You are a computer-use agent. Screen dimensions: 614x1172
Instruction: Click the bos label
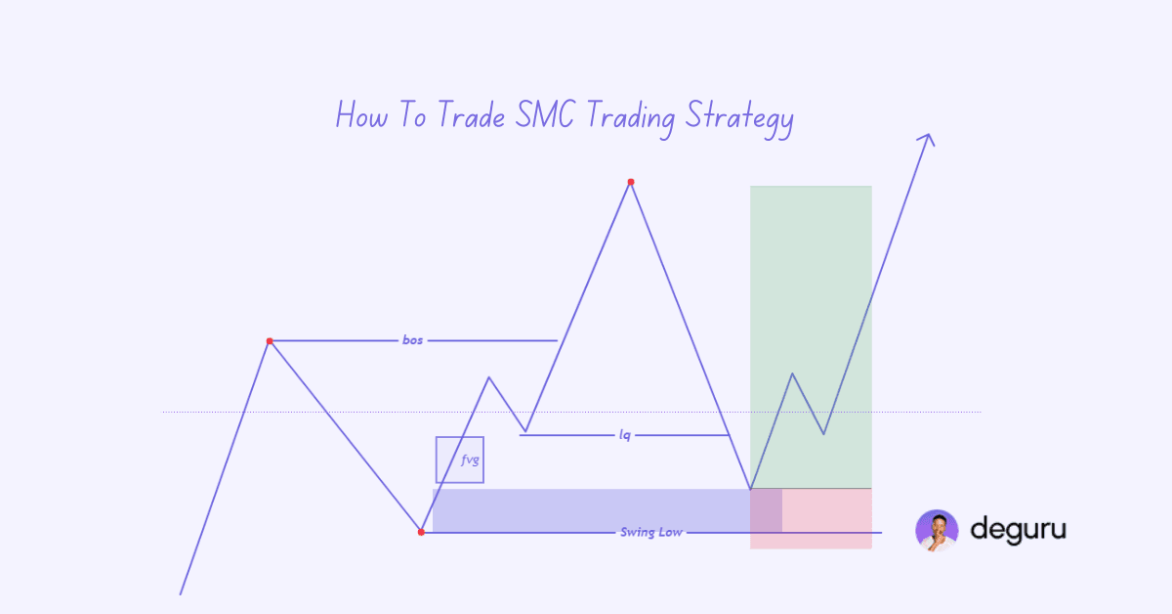click(x=413, y=340)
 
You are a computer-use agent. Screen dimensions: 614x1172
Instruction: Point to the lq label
click(x=625, y=434)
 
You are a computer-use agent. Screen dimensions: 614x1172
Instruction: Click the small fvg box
click(x=460, y=460)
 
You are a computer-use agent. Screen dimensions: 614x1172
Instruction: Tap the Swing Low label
click(x=650, y=532)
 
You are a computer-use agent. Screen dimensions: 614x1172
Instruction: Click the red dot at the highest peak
click(x=631, y=182)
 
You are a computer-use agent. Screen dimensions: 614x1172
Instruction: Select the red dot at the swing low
click(x=421, y=532)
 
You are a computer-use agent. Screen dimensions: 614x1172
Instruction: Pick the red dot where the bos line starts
click(x=270, y=341)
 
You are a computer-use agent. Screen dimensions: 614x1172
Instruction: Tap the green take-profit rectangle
click(x=811, y=293)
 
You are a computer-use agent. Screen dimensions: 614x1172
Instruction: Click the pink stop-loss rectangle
click(x=826, y=518)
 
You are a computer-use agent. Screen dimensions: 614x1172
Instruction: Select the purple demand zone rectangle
click(x=586, y=509)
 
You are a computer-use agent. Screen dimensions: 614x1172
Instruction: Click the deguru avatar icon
click(x=937, y=531)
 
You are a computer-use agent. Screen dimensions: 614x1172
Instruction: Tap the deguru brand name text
click(x=1018, y=530)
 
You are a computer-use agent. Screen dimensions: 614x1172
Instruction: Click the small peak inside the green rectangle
click(x=793, y=373)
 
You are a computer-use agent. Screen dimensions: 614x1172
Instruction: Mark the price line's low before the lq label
click(x=525, y=431)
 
